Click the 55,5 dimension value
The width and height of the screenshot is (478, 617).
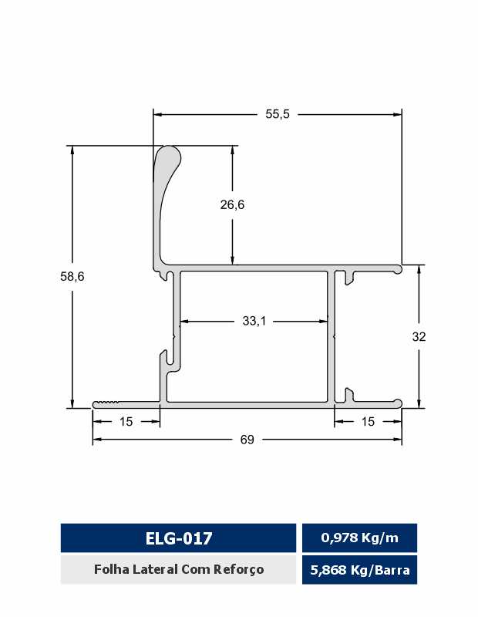tap(278, 114)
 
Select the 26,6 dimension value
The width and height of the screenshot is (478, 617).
tap(232, 204)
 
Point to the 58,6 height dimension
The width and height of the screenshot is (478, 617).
tap(72, 277)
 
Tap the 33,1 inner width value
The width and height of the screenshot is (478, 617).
tap(254, 321)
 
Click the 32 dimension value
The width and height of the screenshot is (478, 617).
tap(419, 336)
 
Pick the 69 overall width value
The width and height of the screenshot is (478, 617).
tap(247, 440)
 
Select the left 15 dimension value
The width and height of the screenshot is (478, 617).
tap(126, 421)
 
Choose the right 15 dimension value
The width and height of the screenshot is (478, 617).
tap(368, 421)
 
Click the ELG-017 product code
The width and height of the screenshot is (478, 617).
tap(179, 538)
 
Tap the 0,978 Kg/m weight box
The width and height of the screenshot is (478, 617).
tap(359, 538)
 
